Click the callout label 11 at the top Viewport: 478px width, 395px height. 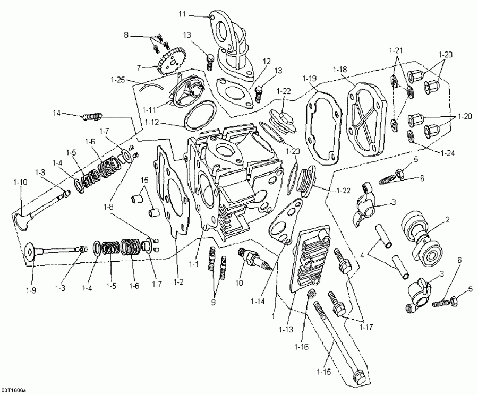[182, 13]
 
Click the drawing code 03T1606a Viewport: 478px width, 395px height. [12, 390]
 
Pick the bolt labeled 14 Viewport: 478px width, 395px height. [91, 115]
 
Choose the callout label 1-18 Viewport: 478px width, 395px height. [340, 70]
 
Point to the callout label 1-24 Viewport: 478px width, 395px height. [447, 153]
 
